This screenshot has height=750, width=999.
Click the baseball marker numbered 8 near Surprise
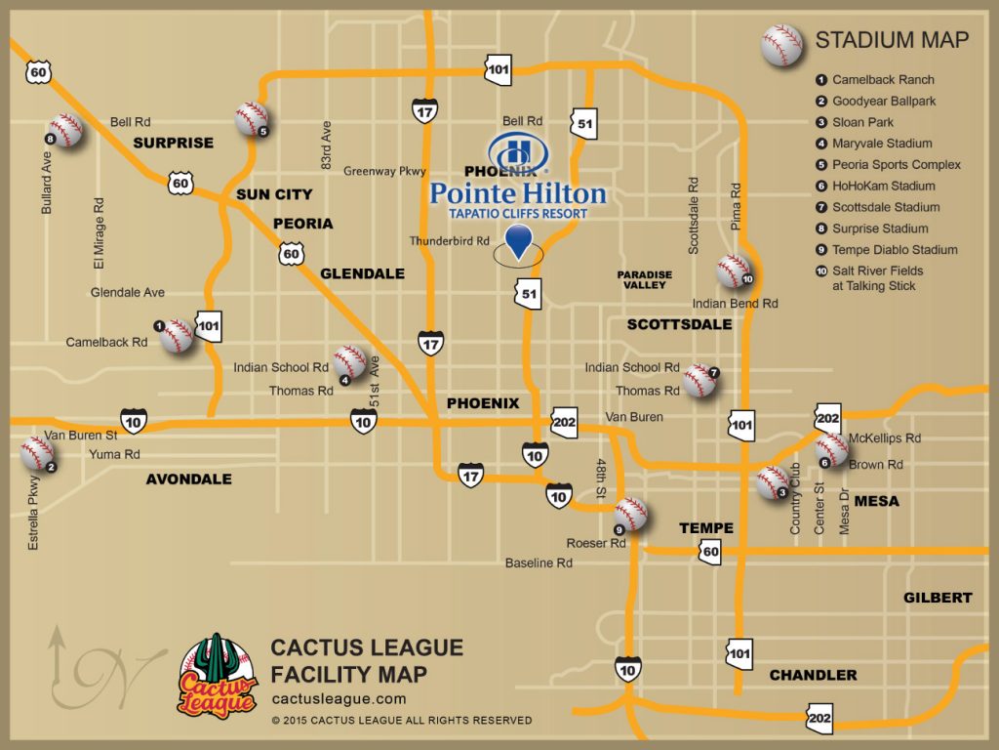[x=65, y=130]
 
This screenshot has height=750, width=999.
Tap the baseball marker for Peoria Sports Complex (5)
[x=251, y=119]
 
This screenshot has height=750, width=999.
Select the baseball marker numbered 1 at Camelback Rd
[x=177, y=336]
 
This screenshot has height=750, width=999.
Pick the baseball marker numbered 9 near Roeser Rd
[x=630, y=514]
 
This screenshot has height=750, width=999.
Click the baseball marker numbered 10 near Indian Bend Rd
[x=733, y=271]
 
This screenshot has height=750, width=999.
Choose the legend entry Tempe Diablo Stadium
[x=895, y=250]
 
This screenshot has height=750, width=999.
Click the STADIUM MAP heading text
[x=892, y=40]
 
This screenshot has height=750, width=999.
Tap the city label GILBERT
[x=938, y=598]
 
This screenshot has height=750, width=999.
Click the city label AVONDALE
[x=188, y=479]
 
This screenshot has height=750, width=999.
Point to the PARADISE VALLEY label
[x=644, y=279]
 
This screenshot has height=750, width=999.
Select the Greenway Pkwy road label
[x=384, y=171]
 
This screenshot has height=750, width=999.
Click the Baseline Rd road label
[x=539, y=563]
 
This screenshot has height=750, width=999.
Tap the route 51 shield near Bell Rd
[x=583, y=123]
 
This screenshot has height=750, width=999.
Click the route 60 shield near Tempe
[x=709, y=553]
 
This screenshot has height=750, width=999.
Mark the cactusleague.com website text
[x=339, y=699]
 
